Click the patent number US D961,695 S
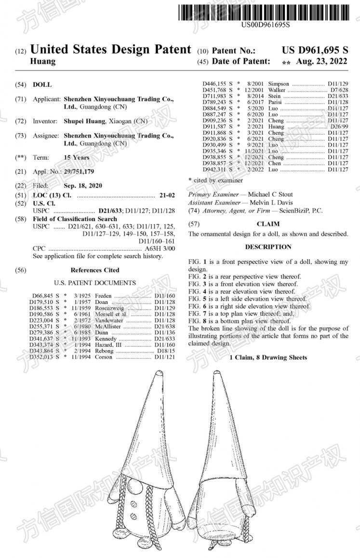click(315, 50)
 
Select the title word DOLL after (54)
click(42, 84)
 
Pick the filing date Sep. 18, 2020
click(83, 186)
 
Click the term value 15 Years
click(76, 157)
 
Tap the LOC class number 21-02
click(167, 195)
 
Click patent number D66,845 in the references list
click(41, 296)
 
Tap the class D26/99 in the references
click(339, 126)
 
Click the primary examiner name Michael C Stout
click(270, 194)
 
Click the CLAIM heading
click(268, 224)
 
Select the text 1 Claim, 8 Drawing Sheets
click(268, 357)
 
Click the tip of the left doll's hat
click(160, 373)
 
